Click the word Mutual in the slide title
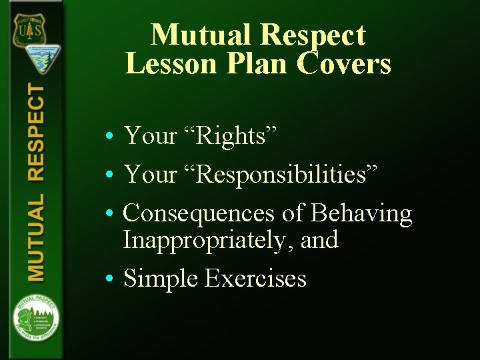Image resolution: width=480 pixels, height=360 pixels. coord(200,35)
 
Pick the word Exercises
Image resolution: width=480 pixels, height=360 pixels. coord(256,278)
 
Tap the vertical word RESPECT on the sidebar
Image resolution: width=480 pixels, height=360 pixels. coord(36,133)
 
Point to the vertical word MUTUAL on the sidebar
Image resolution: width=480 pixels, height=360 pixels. coord(36,237)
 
